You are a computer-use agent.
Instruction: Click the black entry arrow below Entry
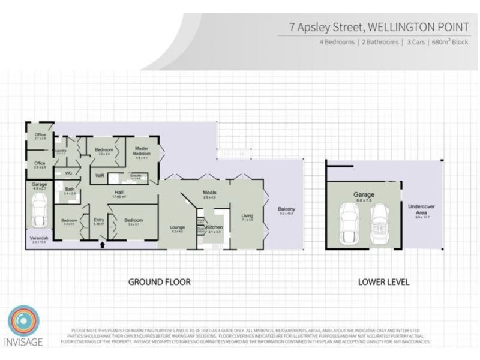tap(101, 244)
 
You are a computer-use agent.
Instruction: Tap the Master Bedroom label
tap(142, 151)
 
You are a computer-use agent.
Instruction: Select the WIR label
tap(100, 176)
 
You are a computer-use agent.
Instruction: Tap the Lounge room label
tap(177, 227)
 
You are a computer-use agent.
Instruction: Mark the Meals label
tap(209, 193)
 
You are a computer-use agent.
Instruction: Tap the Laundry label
tap(60, 151)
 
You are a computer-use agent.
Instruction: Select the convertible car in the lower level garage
tap(379, 223)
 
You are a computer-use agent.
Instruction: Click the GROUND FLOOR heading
tap(160, 281)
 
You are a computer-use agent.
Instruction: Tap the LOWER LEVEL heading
tap(383, 281)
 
